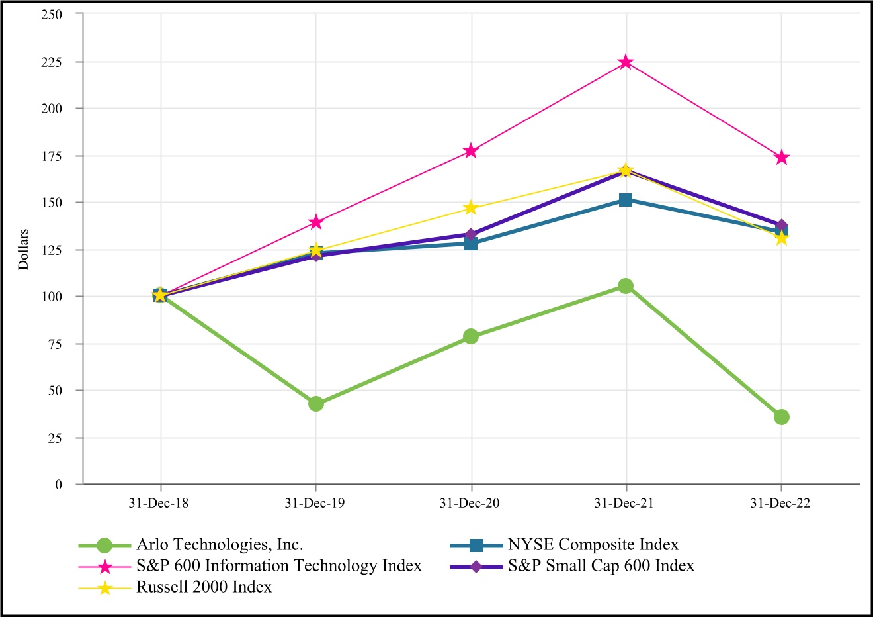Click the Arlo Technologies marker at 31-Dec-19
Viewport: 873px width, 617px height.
click(x=315, y=404)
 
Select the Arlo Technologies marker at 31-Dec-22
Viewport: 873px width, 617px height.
click(x=782, y=417)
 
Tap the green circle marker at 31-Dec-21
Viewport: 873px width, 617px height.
click(x=626, y=286)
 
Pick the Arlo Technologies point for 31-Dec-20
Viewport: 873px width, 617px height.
click(x=471, y=336)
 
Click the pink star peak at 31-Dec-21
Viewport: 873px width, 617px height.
click(x=626, y=62)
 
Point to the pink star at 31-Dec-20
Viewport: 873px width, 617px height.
click(x=471, y=151)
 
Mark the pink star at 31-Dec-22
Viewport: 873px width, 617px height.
click(x=782, y=158)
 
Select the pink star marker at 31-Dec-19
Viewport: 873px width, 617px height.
click(x=315, y=222)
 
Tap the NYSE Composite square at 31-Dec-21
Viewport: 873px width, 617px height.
click(x=626, y=200)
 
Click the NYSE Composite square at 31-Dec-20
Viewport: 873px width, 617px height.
click(x=471, y=244)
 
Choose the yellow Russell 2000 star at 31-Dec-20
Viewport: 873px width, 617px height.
click(x=471, y=208)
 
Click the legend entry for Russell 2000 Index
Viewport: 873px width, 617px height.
click(x=204, y=587)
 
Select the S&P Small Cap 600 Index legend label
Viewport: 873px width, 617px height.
click(x=601, y=566)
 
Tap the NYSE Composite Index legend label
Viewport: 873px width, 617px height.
click(x=593, y=545)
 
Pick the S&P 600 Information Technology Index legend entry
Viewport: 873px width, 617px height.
click(x=278, y=566)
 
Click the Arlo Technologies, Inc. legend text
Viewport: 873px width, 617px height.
click(x=220, y=545)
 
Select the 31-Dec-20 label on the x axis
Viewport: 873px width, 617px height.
click(x=470, y=504)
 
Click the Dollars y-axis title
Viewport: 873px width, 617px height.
click(x=24, y=249)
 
